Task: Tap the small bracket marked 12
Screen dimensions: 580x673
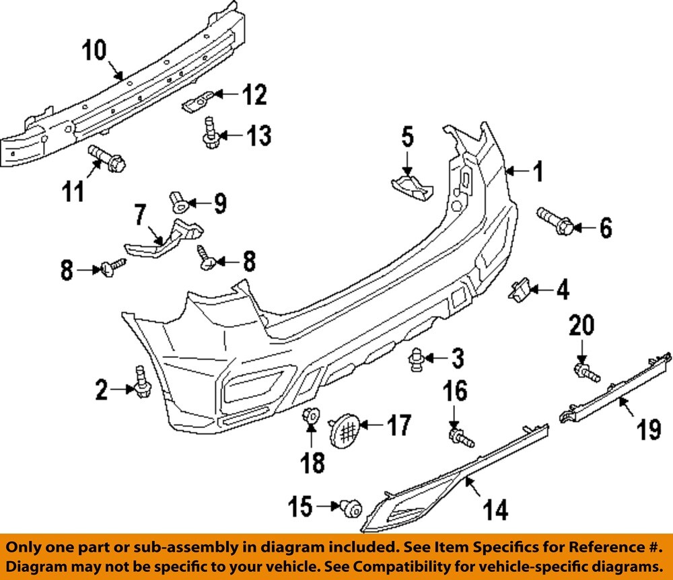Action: (x=197, y=102)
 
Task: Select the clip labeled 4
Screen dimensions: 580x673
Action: (x=518, y=291)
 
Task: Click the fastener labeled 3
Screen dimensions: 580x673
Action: (x=416, y=361)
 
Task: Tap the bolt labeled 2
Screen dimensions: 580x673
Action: (x=142, y=383)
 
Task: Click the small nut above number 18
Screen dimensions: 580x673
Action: (x=311, y=417)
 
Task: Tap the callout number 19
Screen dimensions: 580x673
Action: (x=649, y=429)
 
